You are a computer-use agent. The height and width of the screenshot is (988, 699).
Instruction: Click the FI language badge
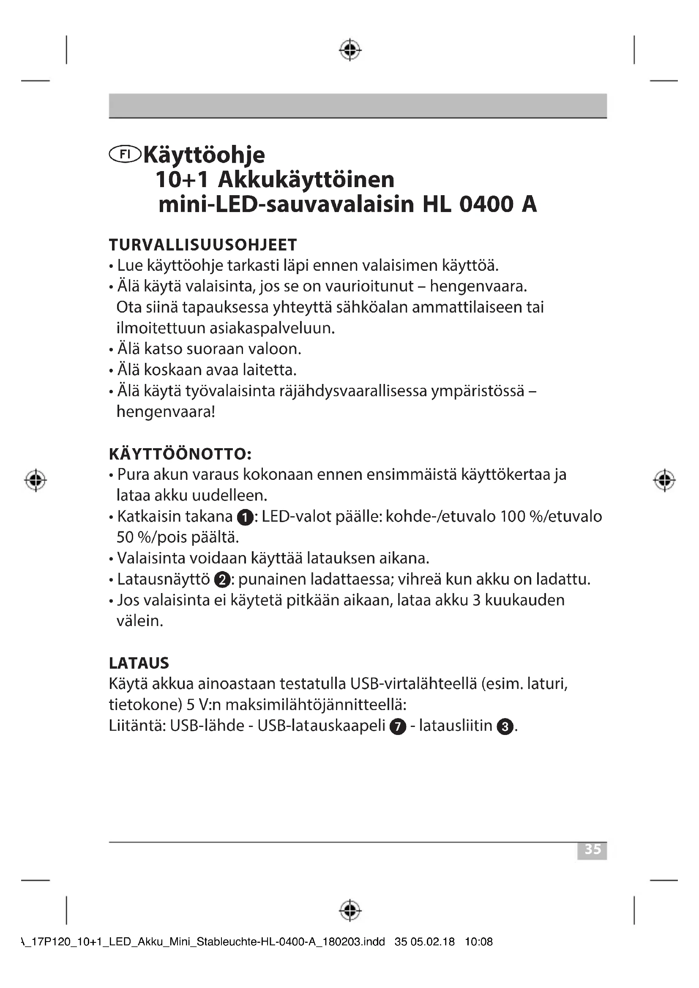pyautogui.click(x=125, y=155)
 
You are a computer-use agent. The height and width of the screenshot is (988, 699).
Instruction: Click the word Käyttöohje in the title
pyautogui.click(x=204, y=155)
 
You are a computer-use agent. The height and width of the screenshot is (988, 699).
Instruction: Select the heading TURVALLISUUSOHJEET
pyautogui.click(x=203, y=245)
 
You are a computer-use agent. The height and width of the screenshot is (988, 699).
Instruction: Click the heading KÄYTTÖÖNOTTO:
pyautogui.click(x=180, y=455)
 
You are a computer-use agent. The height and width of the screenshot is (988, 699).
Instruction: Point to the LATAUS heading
pyautogui.click(x=139, y=663)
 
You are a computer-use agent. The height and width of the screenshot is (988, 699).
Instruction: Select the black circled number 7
pyautogui.click(x=398, y=727)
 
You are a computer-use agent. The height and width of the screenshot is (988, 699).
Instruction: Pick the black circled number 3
pyautogui.click(x=505, y=727)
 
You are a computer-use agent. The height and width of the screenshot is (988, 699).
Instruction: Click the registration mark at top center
pyautogui.click(x=350, y=50)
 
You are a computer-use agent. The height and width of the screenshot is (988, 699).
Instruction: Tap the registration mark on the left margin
pyautogui.click(x=36, y=480)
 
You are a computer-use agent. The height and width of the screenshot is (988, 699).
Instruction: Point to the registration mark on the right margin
pyautogui.click(x=664, y=480)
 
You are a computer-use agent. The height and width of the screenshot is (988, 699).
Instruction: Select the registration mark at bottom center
pyautogui.click(x=350, y=910)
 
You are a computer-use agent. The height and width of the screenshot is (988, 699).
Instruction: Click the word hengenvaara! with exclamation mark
pyautogui.click(x=166, y=412)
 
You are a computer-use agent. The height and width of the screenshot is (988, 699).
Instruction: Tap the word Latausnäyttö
pyautogui.click(x=163, y=580)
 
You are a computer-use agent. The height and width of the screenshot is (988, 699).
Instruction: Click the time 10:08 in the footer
pyautogui.click(x=479, y=954)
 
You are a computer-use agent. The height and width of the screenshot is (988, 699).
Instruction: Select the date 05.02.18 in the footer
pyautogui.click(x=433, y=954)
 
